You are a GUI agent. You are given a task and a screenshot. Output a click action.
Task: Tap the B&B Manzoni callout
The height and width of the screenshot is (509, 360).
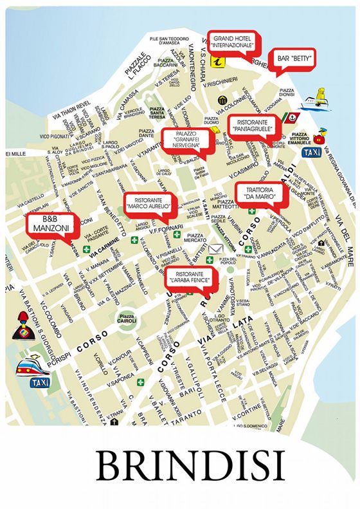[x=50, y=224]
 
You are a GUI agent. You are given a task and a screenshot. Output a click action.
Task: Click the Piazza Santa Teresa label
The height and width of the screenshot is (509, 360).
[x=157, y=114]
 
